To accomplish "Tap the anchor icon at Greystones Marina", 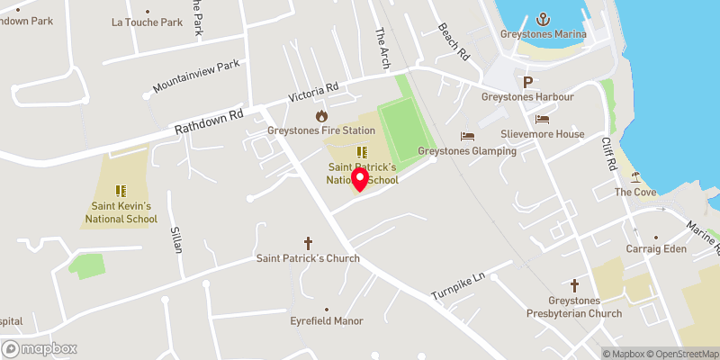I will click(x=544, y=19).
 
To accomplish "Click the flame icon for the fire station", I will click(x=321, y=116).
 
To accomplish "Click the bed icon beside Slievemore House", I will click(x=543, y=119).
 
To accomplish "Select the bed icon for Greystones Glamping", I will click(x=467, y=136).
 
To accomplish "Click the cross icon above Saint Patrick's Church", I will click(x=308, y=243).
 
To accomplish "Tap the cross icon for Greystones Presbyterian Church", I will click(x=574, y=283).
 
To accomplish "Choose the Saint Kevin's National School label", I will click(x=121, y=212).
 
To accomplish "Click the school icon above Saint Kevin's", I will click(x=121, y=191).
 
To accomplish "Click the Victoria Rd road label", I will click(x=312, y=92).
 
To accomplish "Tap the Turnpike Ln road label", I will click(x=457, y=286).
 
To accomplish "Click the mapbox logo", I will click(x=40, y=348).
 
